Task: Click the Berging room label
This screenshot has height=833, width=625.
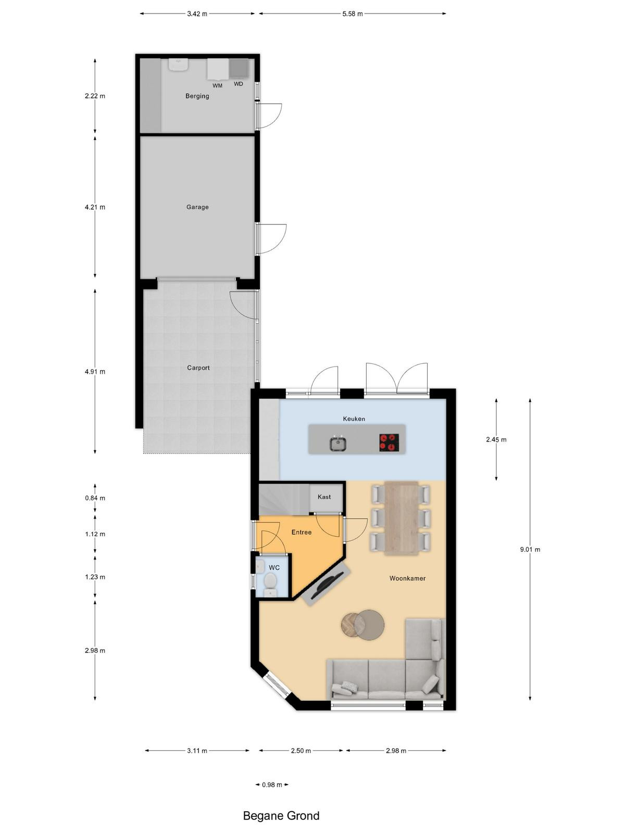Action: (x=197, y=96)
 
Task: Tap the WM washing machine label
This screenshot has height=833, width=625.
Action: (x=217, y=86)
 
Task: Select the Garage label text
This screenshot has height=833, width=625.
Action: (x=197, y=207)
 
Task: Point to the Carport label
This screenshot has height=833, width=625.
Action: (x=198, y=368)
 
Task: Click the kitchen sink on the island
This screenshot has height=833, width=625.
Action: (x=337, y=443)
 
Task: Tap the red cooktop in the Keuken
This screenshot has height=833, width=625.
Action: (x=389, y=443)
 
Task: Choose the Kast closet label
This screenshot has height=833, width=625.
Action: (x=324, y=497)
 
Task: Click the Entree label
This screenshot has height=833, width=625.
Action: (x=302, y=533)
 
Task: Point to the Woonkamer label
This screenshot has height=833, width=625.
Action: (x=408, y=578)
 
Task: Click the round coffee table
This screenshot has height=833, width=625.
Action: (x=362, y=625)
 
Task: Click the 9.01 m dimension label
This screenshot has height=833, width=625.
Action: (x=530, y=549)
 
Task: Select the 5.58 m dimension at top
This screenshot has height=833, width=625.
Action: (x=353, y=14)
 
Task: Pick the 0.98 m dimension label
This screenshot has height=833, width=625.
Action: (x=272, y=785)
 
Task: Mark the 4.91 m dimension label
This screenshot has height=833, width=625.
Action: (x=95, y=372)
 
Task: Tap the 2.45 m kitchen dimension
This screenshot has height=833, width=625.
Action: (x=496, y=440)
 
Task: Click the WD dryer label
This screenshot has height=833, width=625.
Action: (x=239, y=84)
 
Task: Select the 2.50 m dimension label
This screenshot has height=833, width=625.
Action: (x=301, y=751)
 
